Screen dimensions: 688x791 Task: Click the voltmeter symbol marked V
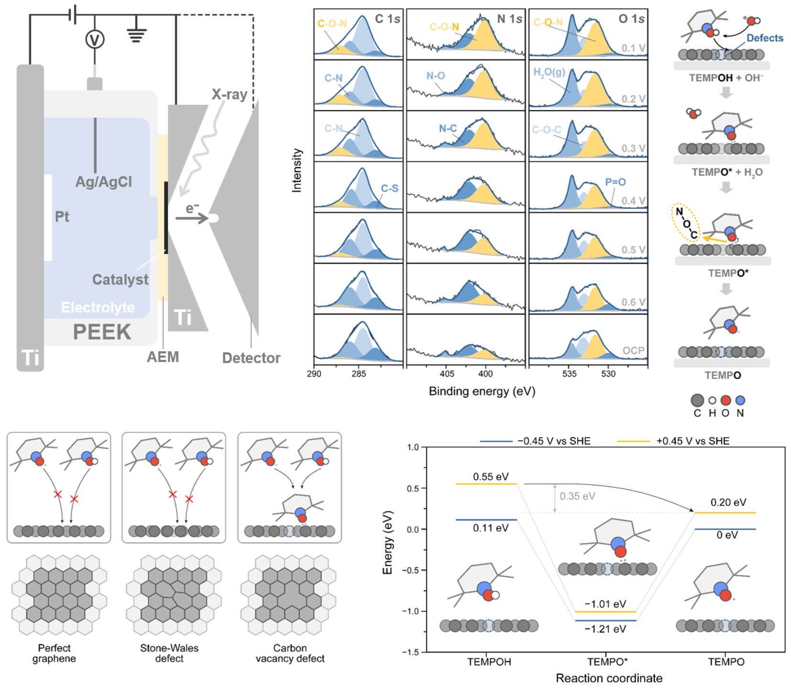click(x=95, y=40)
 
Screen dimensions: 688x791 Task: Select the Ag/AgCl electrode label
click(x=103, y=182)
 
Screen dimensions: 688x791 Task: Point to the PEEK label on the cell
click(x=102, y=332)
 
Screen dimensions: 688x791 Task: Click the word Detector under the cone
click(x=251, y=358)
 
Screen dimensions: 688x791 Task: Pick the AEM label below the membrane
click(x=163, y=357)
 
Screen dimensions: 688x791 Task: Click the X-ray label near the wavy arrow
click(x=230, y=94)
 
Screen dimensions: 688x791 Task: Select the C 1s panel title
click(x=387, y=19)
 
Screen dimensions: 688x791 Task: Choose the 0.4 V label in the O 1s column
click(x=633, y=201)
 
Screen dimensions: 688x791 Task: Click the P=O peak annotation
click(x=615, y=182)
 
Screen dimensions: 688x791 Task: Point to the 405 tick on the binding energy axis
click(x=447, y=373)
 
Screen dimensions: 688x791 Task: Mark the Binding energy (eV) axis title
click(x=482, y=391)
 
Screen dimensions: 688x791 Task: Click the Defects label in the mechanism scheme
click(x=765, y=38)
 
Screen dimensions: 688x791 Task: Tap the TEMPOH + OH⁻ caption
click(x=725, y=78)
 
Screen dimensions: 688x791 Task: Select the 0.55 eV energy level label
click(x=491, y=476)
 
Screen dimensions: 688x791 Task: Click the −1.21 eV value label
click(x=605, y=629)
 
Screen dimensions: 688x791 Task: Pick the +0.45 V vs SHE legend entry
click(x=692, y=441)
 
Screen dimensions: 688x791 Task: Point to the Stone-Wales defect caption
click(x=169, y=653)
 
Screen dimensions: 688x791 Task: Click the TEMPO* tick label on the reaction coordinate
click(x=607, y=662)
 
